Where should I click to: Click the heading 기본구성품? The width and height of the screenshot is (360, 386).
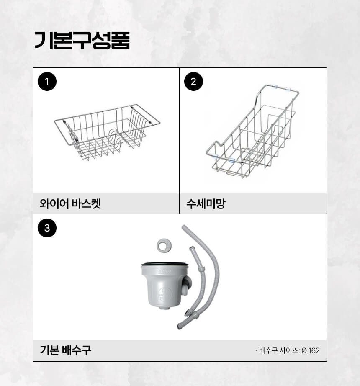click(82, 41)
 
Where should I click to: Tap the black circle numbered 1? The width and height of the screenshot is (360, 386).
click(47, 82)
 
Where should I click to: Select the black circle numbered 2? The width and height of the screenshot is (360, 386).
click(193, 82)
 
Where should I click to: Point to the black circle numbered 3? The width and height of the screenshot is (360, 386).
click(47, 228)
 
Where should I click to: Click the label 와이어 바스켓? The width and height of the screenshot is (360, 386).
click(70, 204)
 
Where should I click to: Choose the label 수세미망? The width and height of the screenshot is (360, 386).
click(206, 204)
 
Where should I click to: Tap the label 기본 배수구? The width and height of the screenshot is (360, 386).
click(65, 350)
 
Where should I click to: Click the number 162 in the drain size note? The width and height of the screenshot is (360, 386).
click(314, 350)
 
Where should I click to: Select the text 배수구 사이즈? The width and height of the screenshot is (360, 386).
click(279, 350)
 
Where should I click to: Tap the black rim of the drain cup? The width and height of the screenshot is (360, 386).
click(165, 264)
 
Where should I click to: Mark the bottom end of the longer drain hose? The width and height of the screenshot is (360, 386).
click(179, 327)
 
